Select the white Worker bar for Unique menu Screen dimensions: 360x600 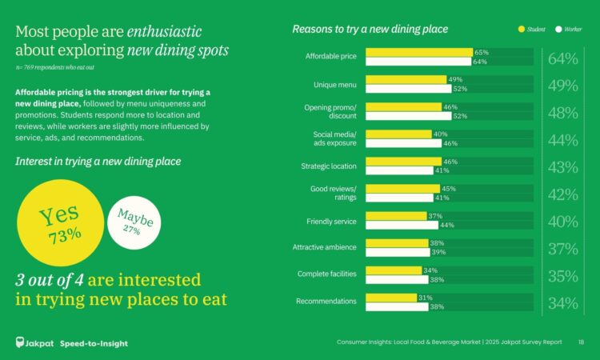407,89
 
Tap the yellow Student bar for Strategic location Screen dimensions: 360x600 404,162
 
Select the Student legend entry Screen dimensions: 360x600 532,30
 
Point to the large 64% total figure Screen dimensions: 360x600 563,58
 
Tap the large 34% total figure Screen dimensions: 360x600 563,302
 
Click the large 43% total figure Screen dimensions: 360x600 563,167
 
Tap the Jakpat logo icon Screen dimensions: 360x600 22,343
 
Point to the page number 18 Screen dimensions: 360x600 581,343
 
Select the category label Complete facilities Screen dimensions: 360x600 328,274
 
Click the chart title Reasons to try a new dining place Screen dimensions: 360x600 370,30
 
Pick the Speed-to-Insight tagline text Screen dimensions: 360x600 94,344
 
